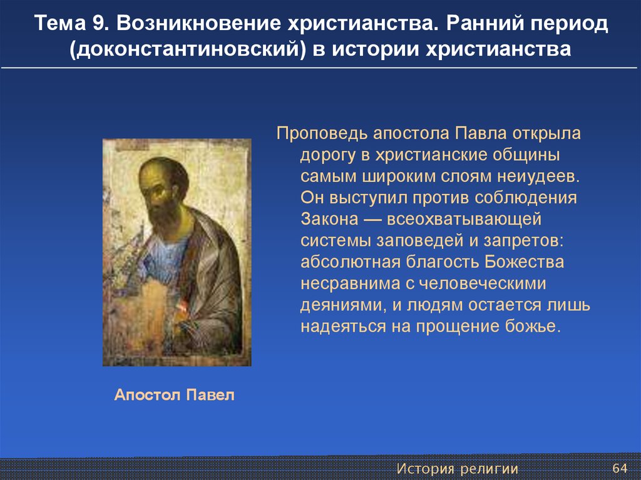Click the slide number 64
(620, 467)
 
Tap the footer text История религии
(458, 469)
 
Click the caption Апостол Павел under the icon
(175, 395)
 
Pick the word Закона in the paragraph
(329, 219)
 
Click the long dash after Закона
(372, 220)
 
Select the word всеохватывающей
(464, 220)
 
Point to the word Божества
(524, 262)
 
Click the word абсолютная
(351, 262)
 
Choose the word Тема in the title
(60, 23)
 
